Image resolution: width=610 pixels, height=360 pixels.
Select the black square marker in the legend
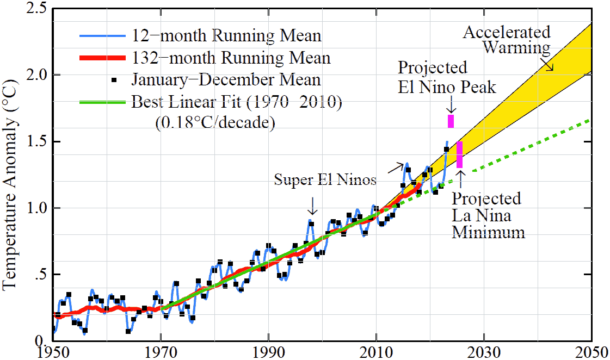(114, 80)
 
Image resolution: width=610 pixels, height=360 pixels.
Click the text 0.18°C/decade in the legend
(214, 122)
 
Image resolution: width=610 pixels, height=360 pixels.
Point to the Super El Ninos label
(325, 180)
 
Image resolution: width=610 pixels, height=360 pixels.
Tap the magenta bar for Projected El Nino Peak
(451, 121)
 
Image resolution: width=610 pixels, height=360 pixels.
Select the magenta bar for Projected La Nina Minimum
(460, 154)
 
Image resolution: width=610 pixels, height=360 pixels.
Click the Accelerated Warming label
(507, 40)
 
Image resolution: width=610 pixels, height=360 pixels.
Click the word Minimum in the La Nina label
(488, 233)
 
